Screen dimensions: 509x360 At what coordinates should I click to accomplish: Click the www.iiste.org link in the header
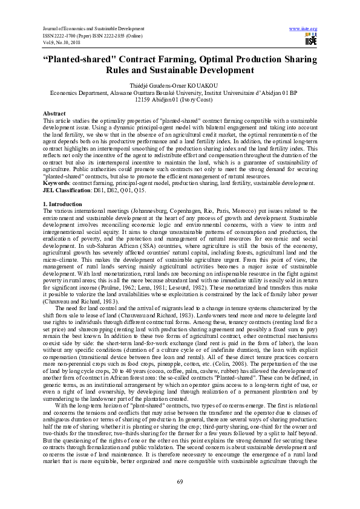point(304,28)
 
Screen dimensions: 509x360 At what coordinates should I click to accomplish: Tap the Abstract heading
point(54,114)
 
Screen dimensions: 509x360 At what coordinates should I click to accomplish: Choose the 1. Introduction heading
point(65,204)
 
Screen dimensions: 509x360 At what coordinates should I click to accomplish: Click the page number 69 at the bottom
point(180,481)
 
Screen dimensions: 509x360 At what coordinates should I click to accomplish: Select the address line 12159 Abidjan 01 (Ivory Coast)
point(180,100)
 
